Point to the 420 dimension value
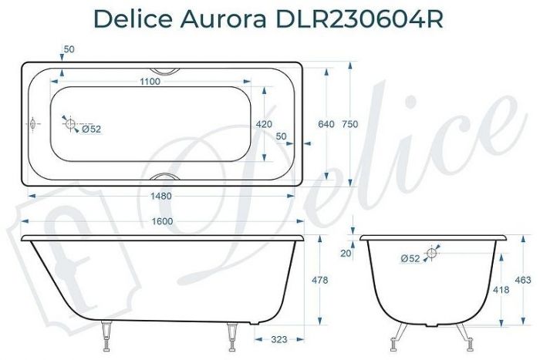click(x=264, y=124)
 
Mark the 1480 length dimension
click(x=160, y=196)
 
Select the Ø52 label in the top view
click(x=91, y=129)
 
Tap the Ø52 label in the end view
click(x=410, y=259)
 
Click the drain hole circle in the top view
click(x=69, y=124)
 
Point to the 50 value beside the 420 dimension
click(x=281, y=136)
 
